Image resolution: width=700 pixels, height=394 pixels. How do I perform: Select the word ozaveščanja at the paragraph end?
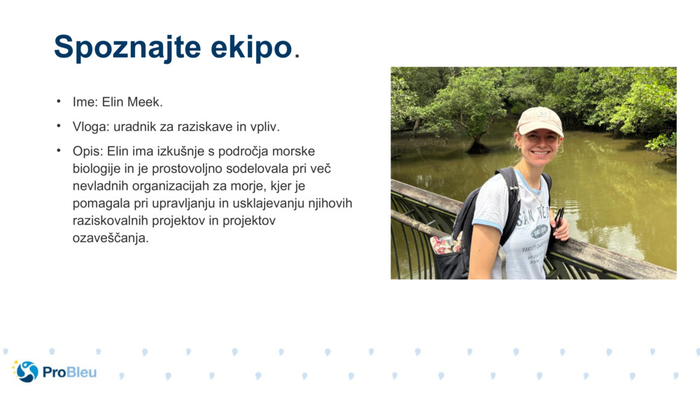110,238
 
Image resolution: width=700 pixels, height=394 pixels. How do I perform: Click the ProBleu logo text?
69,372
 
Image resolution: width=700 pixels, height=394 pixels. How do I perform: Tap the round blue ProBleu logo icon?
27,372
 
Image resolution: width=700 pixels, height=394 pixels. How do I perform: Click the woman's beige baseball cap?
540,120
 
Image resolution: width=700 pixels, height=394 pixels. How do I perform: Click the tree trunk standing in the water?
477,144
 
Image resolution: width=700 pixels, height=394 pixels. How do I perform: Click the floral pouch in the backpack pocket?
444,244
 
